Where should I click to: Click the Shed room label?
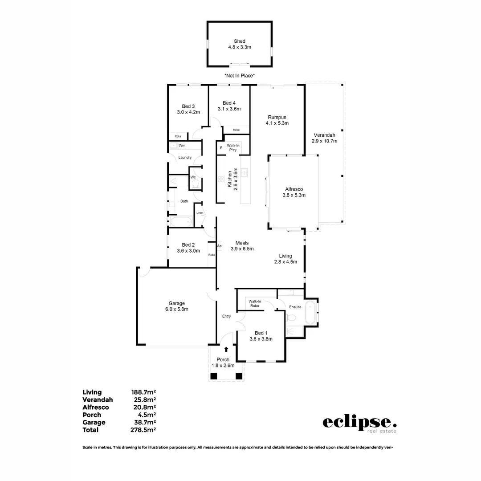tap(240, 41)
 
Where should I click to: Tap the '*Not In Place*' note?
tap(240, 76)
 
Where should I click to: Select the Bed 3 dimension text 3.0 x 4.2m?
tap(188, 112)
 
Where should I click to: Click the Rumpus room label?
tap(277, 117)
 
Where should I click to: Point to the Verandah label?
tap(324, 135)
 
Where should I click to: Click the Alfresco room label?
tap(293, 189)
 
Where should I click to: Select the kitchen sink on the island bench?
tap(244, 171)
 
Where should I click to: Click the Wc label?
tap(193, 177)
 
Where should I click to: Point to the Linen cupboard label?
tap(200, 213)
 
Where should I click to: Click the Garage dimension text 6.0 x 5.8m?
tap(176, 309)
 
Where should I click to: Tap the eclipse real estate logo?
tap(359, 423)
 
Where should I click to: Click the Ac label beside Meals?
tap(219, 246)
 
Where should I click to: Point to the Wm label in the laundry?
tap(182, 146)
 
